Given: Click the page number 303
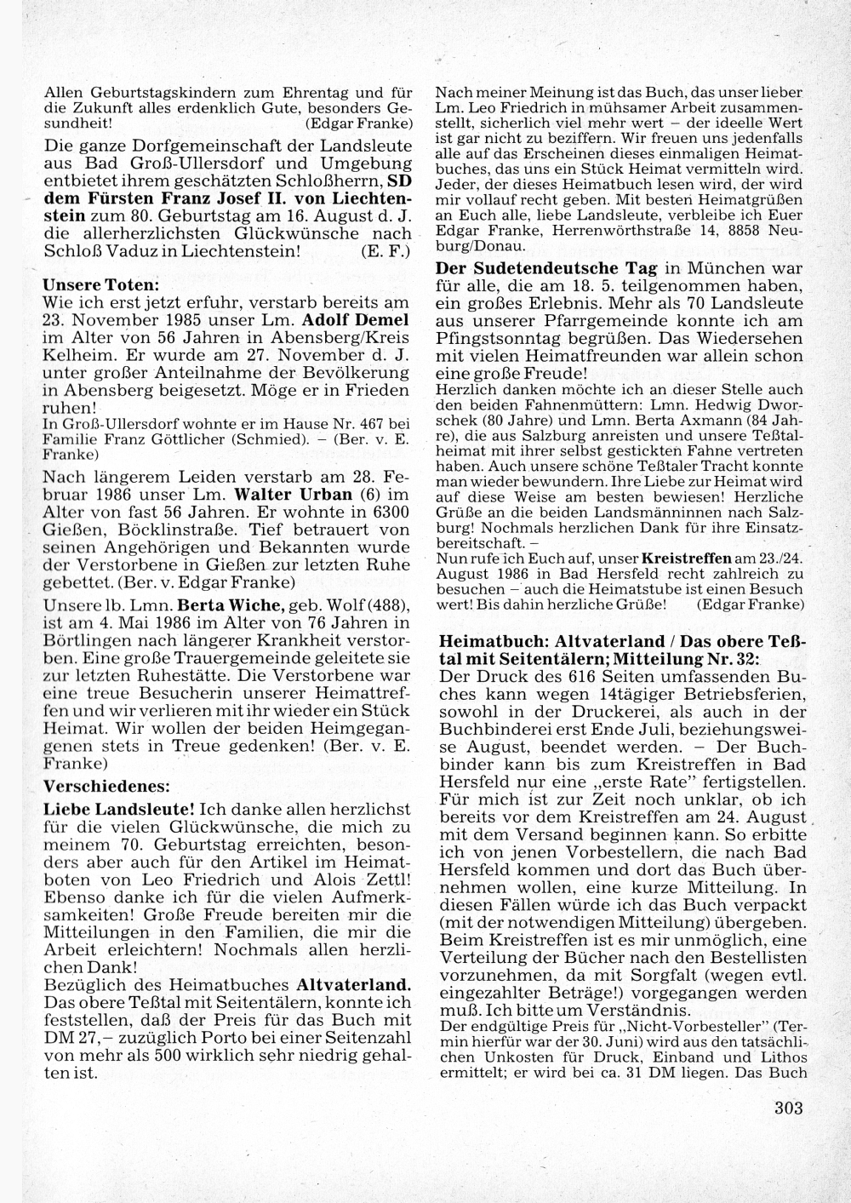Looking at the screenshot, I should [789, 1108].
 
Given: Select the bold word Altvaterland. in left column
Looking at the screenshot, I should [353, 984].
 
